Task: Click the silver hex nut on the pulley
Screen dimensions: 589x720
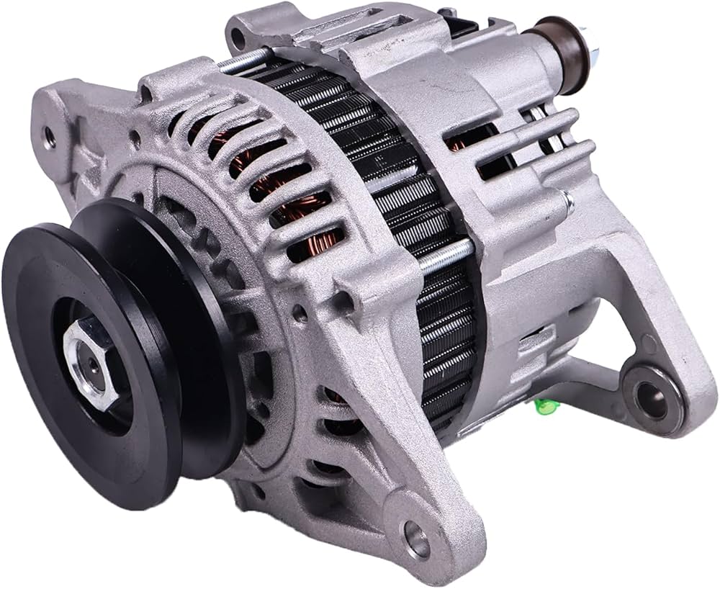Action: (84, 346)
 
